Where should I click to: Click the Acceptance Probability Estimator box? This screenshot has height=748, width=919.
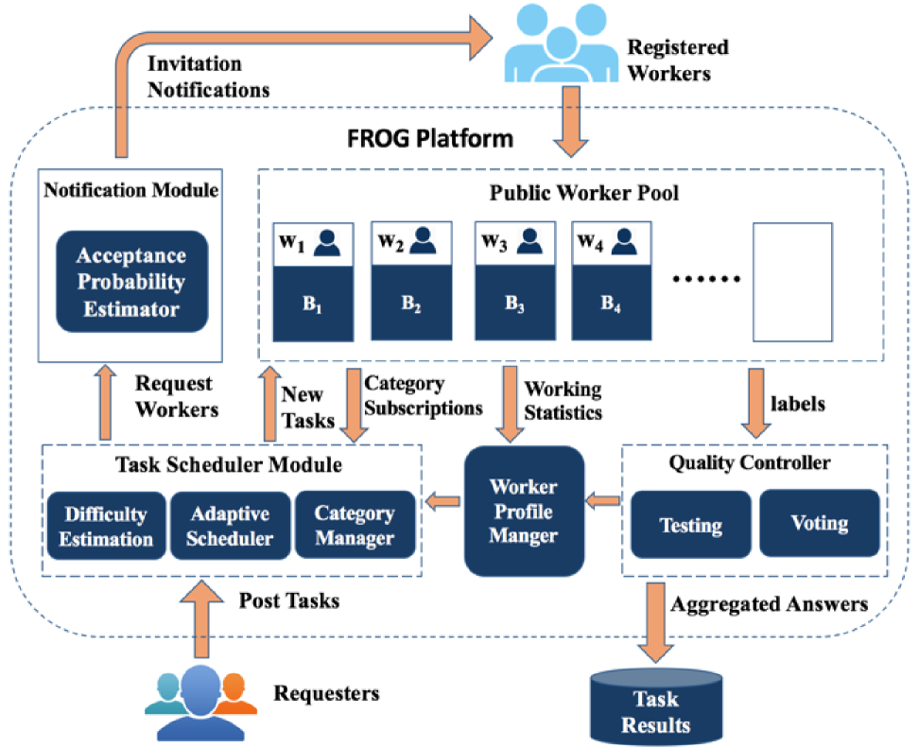pos(131,282)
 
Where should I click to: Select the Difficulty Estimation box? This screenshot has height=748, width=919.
pos(106,526)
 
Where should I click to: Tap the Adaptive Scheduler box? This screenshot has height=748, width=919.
pos(231,526)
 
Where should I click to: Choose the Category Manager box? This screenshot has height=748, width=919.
pos(355,525)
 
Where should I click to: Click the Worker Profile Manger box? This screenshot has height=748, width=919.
pos(524,512)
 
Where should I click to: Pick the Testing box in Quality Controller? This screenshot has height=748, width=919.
pos(691,525)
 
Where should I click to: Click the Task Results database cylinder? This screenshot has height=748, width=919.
pos(656,707)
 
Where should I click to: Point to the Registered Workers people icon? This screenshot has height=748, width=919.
pos(561,43)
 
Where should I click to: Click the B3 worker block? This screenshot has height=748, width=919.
pos(515,303)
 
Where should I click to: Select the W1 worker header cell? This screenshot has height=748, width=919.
pos(314,244)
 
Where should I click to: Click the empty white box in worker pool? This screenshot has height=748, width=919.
pos(792,282)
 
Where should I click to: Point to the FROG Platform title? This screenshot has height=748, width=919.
pos(430,139)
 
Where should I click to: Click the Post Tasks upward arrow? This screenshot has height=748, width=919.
pos(201,619)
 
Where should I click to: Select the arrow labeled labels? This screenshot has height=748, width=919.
pos(756,403)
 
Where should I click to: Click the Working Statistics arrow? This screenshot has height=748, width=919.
pos(510,404)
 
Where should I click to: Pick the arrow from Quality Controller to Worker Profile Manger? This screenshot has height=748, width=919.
pos(603,500)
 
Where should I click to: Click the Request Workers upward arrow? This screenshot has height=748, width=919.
pos(106,402)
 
